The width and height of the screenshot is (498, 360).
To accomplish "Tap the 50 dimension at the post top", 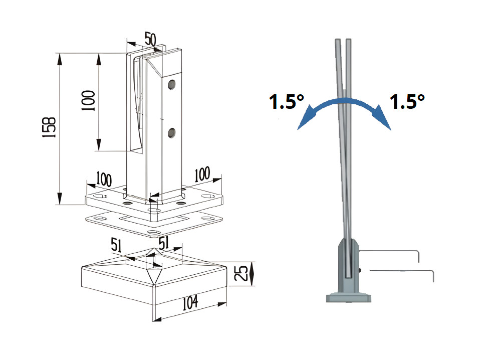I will [150, 39].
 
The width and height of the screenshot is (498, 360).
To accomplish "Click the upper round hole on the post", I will [172, 84].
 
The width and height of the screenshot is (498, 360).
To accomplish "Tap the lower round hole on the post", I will [172, 133].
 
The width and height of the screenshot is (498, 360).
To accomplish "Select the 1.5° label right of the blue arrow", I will [407, 102].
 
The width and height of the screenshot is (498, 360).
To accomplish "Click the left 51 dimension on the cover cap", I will [117, 245].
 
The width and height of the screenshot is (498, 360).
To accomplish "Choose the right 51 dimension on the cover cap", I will [164, 242].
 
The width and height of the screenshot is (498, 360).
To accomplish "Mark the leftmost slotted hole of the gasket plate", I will [100, 219].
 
